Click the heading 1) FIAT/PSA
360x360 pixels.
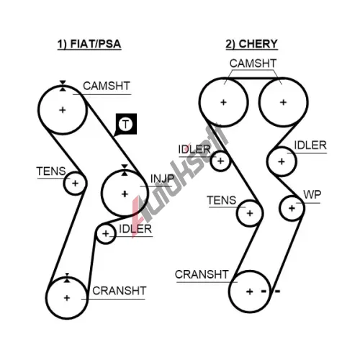coord(89,44)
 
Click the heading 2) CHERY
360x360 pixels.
coord(251,44)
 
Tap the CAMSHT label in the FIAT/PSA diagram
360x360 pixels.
coord(107,86)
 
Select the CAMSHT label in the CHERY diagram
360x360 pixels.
coord(253,63)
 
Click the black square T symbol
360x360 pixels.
coord(126,124)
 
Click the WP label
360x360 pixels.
coord(312,194)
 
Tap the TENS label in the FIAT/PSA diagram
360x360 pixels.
coord(51,171)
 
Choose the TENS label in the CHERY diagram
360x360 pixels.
coord(222,200)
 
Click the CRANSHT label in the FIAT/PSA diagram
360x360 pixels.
coord(120,291)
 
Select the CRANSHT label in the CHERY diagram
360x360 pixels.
coord(202,274)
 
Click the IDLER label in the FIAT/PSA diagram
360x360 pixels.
coord(135,229)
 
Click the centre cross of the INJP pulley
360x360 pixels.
coord(125,194)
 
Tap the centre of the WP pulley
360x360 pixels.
coord(292,208)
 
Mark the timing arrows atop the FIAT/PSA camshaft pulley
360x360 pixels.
coord(63,86)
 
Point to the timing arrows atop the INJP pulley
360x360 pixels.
coord(125,170)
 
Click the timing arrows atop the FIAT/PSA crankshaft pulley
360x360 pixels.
coord(67,278)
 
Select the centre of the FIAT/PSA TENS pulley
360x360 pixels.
coord(75,184)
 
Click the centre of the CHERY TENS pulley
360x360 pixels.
coord(250,213)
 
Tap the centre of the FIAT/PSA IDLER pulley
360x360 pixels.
coord(106,233)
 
